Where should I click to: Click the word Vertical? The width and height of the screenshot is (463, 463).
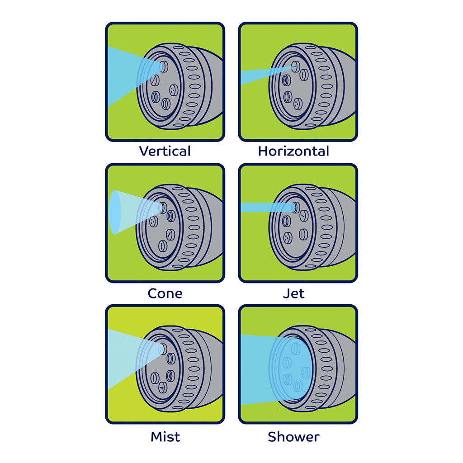tap(165, 151)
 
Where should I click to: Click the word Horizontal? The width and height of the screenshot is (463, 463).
tap(293, 151)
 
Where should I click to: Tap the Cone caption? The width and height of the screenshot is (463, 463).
tap(165, 293)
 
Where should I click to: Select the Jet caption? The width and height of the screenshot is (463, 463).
tap(293, 293)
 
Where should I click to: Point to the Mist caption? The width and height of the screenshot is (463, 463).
tap(165, 437)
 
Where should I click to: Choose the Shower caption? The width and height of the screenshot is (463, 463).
tap(293, 437)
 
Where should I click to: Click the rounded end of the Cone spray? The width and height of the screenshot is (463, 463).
tap(115, 212)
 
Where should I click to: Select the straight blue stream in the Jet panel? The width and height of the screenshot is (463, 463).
tap(267, 207)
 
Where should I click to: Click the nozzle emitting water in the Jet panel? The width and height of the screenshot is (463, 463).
tap(296, 207)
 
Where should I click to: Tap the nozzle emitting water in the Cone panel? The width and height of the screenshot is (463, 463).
tap(163, 208)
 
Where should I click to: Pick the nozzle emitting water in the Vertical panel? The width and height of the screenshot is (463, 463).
tap(164, 67)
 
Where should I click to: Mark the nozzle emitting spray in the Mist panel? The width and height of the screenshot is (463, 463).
tap(163, 349)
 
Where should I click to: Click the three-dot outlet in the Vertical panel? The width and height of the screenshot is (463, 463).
tap(174, 90)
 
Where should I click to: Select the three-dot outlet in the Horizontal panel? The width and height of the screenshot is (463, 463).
tap(298, 104)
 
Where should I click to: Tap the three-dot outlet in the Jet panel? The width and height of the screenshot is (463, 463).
tap(287, 238)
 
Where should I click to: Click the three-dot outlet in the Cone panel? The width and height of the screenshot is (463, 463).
tap(154, 222)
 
